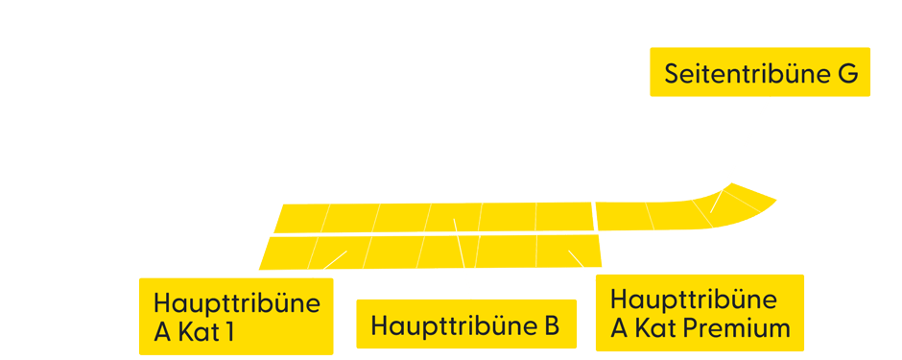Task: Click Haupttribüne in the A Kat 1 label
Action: point(236,303)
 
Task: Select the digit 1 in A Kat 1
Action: point(228,333)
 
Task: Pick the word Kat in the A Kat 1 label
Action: point(197,333)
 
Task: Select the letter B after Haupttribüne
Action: point(549,325)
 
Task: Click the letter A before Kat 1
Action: point(162,333)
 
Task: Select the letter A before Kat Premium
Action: point(620,327)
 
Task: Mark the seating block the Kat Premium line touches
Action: point(568,250)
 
